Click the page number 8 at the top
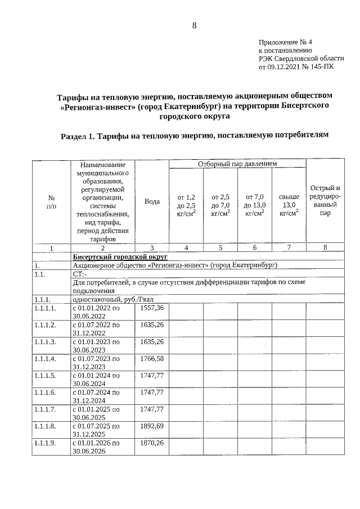click(194, 25)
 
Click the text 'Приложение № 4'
click(285, 42)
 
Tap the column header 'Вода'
click(152, 201)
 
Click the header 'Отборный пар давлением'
click(238, 164)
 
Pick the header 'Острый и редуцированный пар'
click(325, 201)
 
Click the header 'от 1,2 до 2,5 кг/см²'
click(186, 205)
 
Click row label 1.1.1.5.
click(45, 375)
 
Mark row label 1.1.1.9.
click(45, 443)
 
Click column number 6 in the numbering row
click(255, 247)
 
